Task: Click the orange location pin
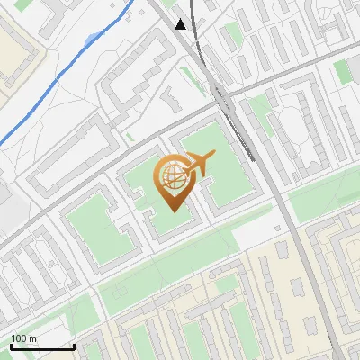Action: pos(173,184)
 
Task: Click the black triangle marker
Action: pos(182,24)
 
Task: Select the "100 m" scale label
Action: pos(24,338)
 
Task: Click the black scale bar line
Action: pos(42,346)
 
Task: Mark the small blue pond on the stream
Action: pos(91,39)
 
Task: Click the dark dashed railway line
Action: pos(238,126)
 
